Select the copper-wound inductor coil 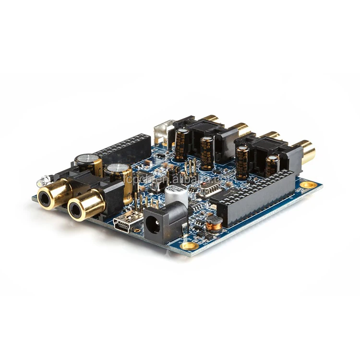(214, 223)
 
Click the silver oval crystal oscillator (209, 188)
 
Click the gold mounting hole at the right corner (307, 184)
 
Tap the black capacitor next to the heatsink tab (181, 143)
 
